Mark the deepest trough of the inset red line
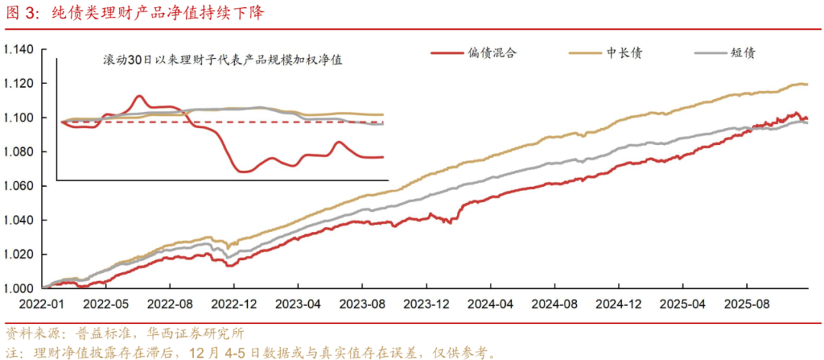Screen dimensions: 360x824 (243, 171)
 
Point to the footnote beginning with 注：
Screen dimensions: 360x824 (252, 352)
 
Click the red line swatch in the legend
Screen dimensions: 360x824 (449, 53)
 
